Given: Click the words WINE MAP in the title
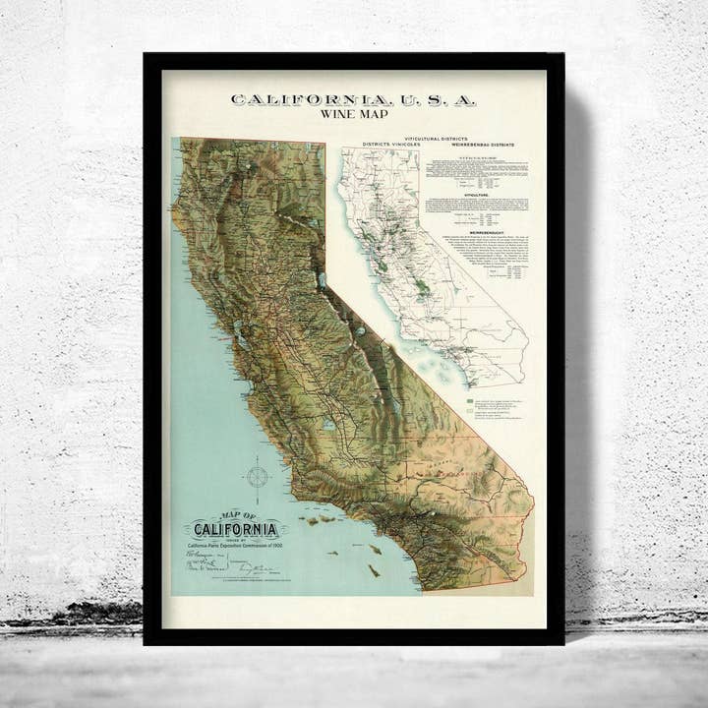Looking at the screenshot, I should click(354, 114).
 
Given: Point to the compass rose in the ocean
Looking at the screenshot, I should click(258, 477).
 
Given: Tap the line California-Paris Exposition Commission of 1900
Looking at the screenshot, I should click(235, 547).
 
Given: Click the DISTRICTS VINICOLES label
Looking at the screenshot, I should click(391, 145).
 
